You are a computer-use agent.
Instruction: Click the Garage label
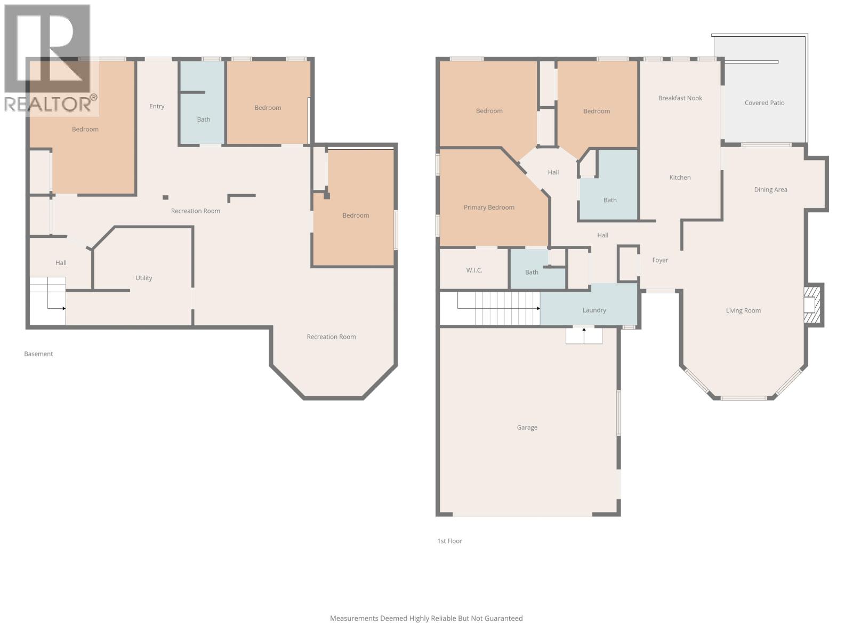click(x=527, y=427)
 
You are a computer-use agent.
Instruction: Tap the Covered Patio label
click(x=764, y=103)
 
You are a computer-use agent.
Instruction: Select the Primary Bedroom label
click(x=489, y=207)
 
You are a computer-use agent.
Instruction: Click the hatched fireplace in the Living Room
click(x=812, y=305)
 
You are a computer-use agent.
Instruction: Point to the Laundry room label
click(x=594, y=310)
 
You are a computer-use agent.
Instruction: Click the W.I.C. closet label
click(x=474, y=270)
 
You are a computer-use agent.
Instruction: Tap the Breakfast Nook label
click(x=680, y=98)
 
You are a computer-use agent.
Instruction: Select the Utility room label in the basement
click(x=143, y=278)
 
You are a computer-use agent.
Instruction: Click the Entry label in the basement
click(x=157, y=106)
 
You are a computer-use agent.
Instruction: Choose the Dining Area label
click(x=770, y=190)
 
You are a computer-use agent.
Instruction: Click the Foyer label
click(x=660, y=260)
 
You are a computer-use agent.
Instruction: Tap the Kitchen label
click(x=680, y=178)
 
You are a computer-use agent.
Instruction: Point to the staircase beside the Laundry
click(x=498, y=308)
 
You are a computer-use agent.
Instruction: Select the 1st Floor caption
click(x=449, y=541)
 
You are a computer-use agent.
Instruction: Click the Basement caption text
click(x=38, y=354)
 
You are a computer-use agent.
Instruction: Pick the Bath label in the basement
click(x=204, y=119)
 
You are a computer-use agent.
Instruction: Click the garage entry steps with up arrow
click(x=584, y=336)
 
